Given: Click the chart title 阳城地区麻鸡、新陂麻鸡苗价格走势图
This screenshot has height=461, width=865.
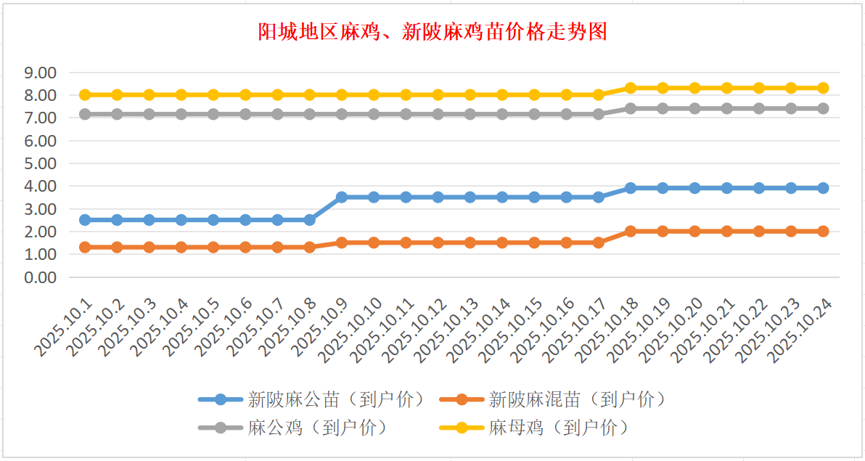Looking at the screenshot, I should point(432,33).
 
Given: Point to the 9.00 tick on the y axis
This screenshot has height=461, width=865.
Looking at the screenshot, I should point(41,73).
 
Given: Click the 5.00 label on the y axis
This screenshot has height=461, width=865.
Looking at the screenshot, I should point(41,163).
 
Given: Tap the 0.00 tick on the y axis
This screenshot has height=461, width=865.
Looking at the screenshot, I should point(41,277).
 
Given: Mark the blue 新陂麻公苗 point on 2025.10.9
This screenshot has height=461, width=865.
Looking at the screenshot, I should point(342,197).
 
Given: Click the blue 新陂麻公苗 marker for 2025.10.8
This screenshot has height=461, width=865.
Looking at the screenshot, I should point(310,219).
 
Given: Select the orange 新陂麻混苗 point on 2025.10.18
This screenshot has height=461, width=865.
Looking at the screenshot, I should point(631,231).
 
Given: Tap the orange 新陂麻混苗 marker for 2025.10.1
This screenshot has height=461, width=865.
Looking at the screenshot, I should point(85,247).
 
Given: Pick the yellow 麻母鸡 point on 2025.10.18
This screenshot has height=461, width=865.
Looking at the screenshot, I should point(631,88).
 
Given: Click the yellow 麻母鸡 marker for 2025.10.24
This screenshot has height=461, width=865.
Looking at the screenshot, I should point(824,88).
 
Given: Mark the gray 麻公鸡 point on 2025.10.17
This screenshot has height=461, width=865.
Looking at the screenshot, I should point(599,114).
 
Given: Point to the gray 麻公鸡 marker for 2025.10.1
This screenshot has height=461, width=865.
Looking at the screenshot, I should point(85,114).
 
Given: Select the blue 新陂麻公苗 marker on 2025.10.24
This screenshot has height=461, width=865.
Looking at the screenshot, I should point(824,188).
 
